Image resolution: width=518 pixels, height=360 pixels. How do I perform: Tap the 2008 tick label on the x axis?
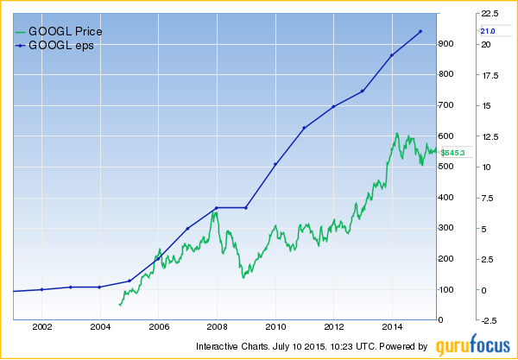tap(218, 328)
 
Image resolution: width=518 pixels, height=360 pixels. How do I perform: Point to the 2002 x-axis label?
tap(42, 328)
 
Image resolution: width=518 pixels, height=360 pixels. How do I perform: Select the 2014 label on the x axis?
tap(392, 328)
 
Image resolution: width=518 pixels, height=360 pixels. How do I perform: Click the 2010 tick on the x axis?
tap(275, 328)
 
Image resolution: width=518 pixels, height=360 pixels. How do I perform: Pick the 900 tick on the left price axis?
tap(447, 43)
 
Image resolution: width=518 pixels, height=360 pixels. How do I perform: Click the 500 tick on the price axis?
tap(447, 167)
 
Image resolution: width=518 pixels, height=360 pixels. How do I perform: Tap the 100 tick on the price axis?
tap(447, 289)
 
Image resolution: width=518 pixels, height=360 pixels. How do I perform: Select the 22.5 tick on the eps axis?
tap(490, 14)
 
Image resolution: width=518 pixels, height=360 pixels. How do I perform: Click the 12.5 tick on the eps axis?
tap(490, 136)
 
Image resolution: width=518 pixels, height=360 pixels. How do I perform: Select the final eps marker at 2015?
tap(420, 32)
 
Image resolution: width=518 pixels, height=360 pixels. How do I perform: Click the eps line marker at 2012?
tap(333, 107)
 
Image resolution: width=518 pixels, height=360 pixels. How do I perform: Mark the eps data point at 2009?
tap(246, 207)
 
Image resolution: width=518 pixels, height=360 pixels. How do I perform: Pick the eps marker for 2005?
tap(129, 281)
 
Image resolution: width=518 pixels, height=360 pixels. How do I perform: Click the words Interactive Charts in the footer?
tap(227, 347)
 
